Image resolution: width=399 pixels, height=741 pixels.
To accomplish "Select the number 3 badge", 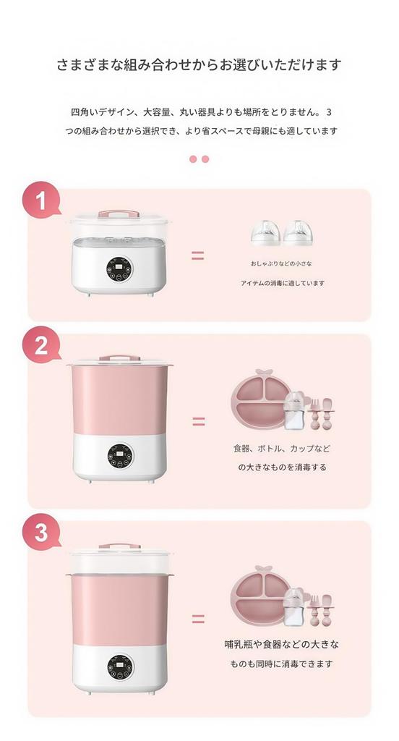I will point(42,534).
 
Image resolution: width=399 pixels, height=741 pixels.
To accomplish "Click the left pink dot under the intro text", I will point(193,159).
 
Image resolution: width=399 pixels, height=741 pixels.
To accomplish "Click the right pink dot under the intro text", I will point(205,159).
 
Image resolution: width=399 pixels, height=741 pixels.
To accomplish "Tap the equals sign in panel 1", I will point(197,255).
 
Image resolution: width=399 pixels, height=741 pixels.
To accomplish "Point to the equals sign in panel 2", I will point(198,421).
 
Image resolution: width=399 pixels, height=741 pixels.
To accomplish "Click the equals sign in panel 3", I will point(198,619).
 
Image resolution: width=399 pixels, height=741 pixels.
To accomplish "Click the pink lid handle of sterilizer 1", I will point(119,213).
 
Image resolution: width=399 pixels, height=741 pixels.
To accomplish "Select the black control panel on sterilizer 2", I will point(119,455).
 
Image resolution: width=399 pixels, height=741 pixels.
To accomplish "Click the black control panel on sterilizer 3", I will point(119,667).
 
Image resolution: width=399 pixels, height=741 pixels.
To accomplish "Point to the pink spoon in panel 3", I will point(327,609).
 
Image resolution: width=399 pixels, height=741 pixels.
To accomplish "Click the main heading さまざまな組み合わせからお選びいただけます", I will point(199,65).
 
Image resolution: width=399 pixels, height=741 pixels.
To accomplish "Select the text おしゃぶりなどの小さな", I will point(282,264).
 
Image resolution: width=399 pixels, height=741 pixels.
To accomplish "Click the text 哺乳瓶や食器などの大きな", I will point(282,643).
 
